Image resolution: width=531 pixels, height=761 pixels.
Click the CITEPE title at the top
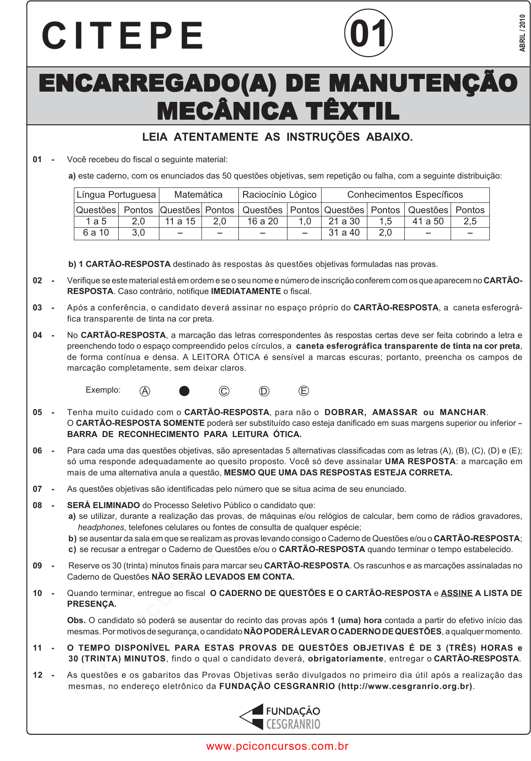tap(122, 36)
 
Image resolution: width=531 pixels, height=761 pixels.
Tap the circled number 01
tap(368, 34)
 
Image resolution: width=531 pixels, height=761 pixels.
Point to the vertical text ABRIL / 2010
tap(523, 33)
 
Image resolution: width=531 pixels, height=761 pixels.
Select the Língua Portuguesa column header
tap(116, 194)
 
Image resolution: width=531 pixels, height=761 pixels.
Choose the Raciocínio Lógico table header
tap(279, 194)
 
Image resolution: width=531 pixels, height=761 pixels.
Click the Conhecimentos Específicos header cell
tap(405, 194)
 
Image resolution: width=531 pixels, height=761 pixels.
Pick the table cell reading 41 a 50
tap(428, 221)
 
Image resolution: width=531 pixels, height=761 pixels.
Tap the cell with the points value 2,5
tap(470, 221)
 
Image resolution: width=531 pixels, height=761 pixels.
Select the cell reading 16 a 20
tap(262, 221)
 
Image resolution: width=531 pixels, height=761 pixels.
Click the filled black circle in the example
tap(184, 391)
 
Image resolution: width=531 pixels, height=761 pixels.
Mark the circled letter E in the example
tap(304, 391)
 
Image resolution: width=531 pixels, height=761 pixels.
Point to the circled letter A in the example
tap(145, 391)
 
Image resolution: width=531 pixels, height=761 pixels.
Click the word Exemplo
tap(103, 390)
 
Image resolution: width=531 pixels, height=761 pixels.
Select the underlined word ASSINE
tap(457, 593)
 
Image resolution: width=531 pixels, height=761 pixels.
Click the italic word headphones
tap(100, 527)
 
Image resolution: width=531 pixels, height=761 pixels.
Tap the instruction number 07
tap(37, 489)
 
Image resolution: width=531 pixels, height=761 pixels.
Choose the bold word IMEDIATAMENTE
tap(246, 291)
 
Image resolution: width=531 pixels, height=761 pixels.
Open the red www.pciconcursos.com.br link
tap(277, 746)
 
